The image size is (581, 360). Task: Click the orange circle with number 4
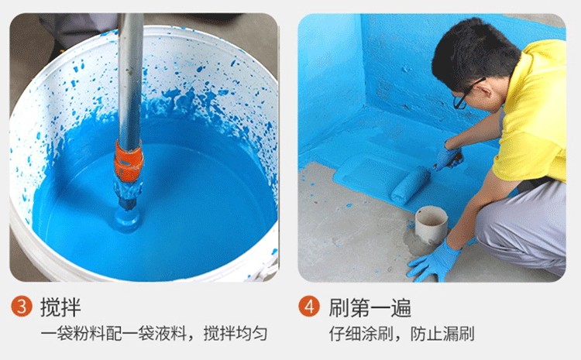(308, 307)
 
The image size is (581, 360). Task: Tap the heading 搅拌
(60, 307)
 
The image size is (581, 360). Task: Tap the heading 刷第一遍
(368, 307)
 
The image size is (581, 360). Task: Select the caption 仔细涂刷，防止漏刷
(402, 334)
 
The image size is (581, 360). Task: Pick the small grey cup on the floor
(431, 225)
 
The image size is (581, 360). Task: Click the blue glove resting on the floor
(435, 262)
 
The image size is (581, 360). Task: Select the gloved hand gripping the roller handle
(448, 158)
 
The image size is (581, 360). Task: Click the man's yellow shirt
(535, 116)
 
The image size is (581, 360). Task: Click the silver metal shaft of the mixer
(130, 77)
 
